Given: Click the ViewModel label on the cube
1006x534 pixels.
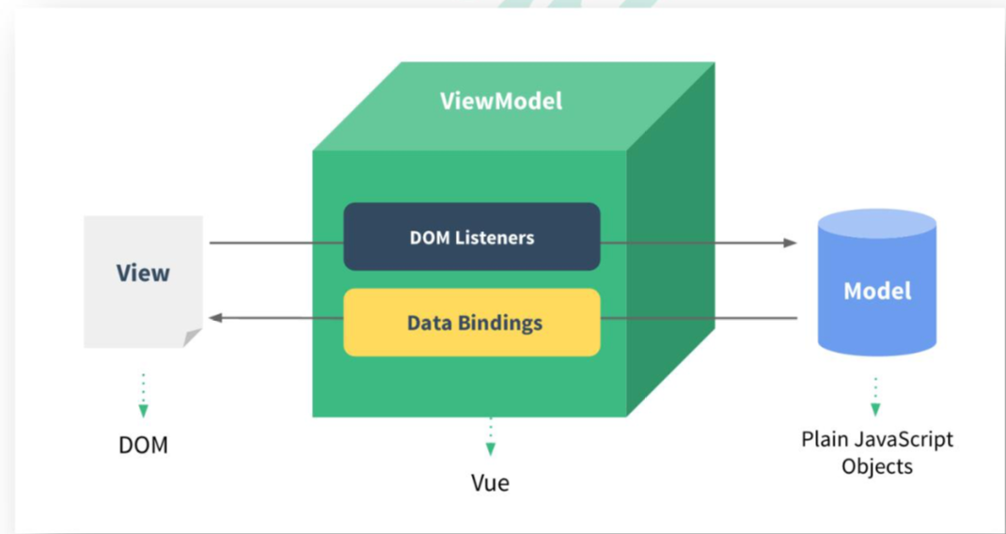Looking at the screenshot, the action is click(500, 102).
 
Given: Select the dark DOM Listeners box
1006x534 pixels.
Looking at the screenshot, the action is click(472, 237).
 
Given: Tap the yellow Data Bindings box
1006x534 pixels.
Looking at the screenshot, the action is click(472, 322).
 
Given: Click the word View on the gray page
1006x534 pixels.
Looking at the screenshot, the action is click(143, 273).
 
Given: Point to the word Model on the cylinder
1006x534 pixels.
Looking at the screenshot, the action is click(877, 291).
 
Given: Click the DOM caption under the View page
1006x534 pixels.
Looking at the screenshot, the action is click(143, 445).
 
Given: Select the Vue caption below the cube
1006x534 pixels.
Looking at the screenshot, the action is click(490, 482).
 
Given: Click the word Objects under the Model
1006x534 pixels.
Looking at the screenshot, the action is click(877, 465).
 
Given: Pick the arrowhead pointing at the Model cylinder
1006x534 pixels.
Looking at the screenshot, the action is click(790, 243).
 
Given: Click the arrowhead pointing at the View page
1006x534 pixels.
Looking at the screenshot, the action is click(216, 317).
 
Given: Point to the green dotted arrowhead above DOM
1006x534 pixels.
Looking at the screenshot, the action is click(143, 412).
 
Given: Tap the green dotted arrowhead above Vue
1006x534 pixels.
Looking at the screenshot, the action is click(490, 448).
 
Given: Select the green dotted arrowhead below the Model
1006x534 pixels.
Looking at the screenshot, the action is click(875, 410).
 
